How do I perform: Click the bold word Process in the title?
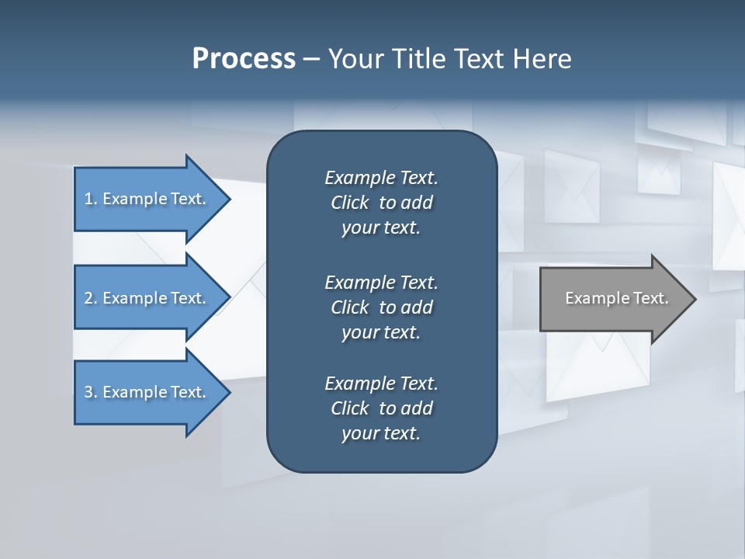(x=244, y=59)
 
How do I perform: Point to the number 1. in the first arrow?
(x=91, y=199)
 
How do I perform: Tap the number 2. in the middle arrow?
(x=91, y=298)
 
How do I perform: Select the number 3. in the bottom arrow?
(x=91, y=392)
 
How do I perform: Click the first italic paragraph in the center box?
(x=381, y=203)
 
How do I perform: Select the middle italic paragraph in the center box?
(x=381, y=307)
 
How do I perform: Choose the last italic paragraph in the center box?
(x=381, y=408)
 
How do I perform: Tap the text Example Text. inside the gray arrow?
(x=617, y=298)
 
